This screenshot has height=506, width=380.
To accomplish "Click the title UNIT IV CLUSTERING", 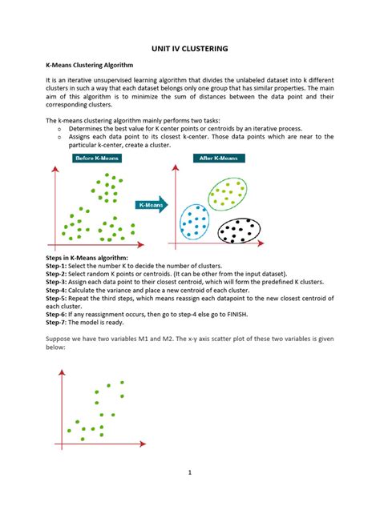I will click(x=190, y=49).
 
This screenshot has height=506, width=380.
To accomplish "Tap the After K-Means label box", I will click(x=219, y=159).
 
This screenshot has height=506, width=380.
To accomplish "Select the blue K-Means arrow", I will click(x=152, y=206).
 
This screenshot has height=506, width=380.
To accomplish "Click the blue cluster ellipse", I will click(x=195, y=223).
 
